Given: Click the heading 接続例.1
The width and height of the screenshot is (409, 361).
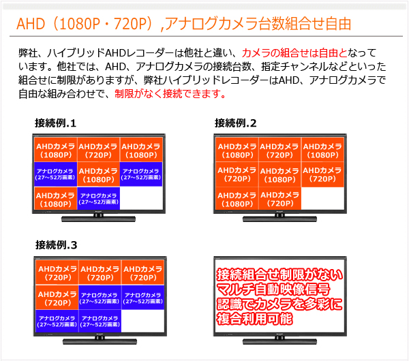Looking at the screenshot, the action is tap(55, 123).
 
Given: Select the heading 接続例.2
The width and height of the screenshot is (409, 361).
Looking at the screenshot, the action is tap(236, 123).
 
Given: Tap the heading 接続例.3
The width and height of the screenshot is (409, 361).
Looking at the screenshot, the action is tap(57, 245).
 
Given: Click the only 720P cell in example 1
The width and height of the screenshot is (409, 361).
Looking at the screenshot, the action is tap(98, 150).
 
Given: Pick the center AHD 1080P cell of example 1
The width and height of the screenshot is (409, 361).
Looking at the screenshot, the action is tap(98, 174).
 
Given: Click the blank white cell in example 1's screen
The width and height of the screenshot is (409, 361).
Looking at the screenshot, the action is tap(141, 198).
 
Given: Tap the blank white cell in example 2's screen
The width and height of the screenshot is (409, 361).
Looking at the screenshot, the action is tap(322, 198).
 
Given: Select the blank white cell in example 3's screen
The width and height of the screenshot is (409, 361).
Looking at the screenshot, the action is tap(143, 321).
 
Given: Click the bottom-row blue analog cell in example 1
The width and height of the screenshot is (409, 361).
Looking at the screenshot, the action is tap(99, 198).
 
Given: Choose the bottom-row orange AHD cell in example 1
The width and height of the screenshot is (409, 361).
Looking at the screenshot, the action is tap(56, 198).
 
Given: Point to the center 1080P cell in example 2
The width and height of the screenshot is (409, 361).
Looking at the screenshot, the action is tap(280, 174).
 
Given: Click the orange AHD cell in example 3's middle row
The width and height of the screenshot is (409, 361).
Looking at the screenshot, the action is tap(57, 298).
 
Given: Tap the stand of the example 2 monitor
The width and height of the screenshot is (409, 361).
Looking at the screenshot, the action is tap(279, 218).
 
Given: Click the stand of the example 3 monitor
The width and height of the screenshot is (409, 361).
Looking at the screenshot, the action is tap(100, 341).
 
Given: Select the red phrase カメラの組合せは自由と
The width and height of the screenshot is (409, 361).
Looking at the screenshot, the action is tap(294, 53).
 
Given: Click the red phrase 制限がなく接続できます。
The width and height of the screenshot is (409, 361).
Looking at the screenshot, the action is tap(170, 93).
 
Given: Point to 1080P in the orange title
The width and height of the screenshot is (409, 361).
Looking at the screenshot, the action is tap(80, 24).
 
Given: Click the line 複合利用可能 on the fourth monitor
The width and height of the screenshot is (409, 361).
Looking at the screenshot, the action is tap(254, 319).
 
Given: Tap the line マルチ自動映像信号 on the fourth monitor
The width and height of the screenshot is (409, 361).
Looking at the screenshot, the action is tap(273, 289).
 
